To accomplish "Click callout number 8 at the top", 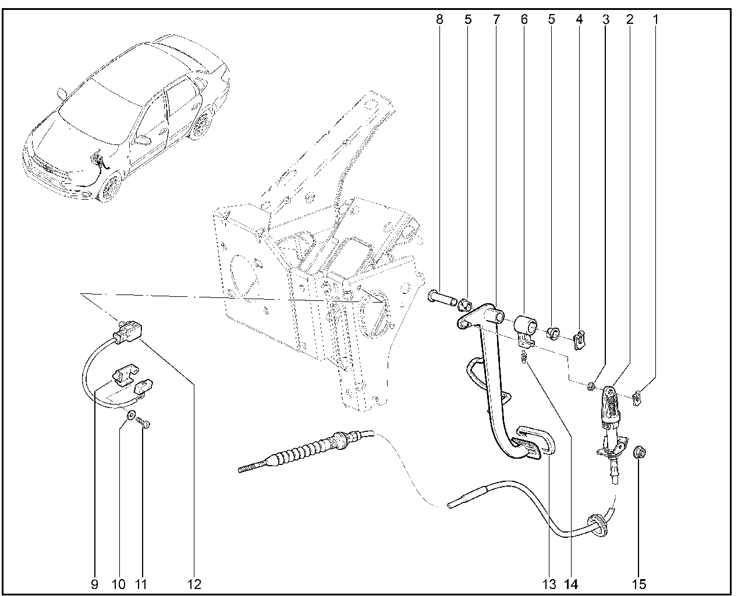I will click(x=439, y=19).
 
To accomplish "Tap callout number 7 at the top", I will click(x=496, y=19).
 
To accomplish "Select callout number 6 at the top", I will click(x=524, y=19).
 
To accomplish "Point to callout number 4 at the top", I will click(x=579, y=19).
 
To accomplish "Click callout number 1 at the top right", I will click(x=655, y=19).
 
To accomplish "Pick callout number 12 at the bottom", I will click(x=194, y=584).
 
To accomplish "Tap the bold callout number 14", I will click(x=571, y=584).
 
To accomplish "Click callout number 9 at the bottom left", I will click(x=94, y=584).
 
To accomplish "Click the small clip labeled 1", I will click(x=637, y=398).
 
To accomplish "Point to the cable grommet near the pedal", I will click(x=597, y=523).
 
